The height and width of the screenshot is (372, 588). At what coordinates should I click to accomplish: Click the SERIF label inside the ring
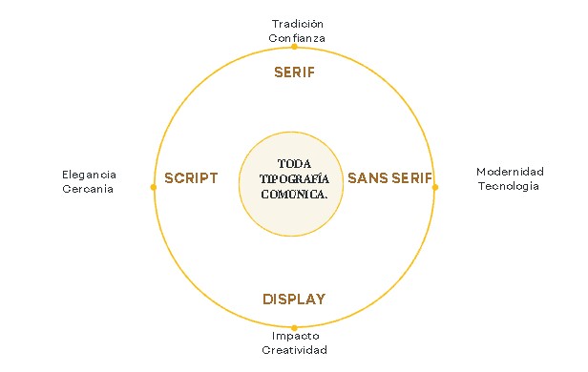pos(294,72)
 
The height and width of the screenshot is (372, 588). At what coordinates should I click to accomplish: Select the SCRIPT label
pos(191,178)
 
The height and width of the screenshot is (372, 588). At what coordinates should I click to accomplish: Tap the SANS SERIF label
pos(390,178)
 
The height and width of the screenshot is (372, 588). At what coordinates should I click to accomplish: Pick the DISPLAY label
pos(294,299)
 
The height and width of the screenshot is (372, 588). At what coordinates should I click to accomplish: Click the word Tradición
pos(298,24)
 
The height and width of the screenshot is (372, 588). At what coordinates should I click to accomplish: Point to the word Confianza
pos(297,38)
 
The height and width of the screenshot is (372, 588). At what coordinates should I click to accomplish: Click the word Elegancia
pos(90,175)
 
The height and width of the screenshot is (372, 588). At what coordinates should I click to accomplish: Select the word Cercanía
pos(88,189)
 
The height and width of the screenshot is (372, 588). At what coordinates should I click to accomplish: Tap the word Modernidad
pos(510,172)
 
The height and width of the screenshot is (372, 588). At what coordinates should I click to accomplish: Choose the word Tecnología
pos(509,186)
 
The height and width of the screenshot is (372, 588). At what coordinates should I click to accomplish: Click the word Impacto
pos(296,336)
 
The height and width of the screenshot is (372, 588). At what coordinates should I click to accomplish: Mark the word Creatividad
pos(294,350)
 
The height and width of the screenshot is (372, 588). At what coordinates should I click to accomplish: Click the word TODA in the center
pos(294,164)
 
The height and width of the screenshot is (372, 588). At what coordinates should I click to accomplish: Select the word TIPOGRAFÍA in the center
pos(294,179)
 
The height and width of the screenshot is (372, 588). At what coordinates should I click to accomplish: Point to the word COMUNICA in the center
pos(293,195)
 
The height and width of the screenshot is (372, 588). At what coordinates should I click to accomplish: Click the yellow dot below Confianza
pos(294,47)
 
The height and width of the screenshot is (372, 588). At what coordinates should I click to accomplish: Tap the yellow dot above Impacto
pos(294,328)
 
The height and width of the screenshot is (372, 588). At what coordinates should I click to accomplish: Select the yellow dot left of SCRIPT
pos(154,187)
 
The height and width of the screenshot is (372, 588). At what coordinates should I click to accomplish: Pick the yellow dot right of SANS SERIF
pos(435,187)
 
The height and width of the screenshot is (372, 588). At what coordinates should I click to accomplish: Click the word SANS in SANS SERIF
pos(367,178)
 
